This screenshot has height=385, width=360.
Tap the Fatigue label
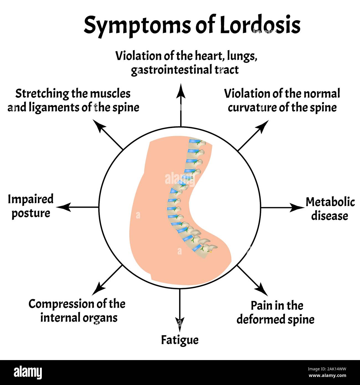(180, 340)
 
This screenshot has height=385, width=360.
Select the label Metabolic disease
(330, 209)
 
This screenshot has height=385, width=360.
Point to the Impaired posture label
(30, 206)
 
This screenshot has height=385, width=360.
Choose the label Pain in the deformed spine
(276, 312)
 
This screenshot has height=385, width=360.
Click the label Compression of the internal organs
(77, 310)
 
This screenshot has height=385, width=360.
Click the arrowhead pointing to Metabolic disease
(298, 207)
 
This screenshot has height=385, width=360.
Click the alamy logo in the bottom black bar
(28, 373)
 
